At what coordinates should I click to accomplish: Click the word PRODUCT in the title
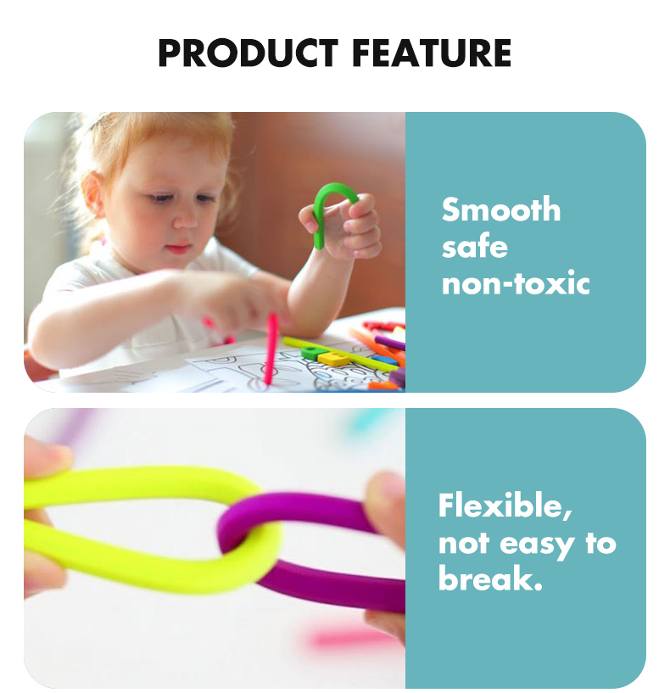pyautogui.click(x=248, y=53)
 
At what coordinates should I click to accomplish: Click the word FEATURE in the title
pyautogui.click(x=432, y=53)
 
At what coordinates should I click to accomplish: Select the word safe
pyautogui.click(x=475, y=247)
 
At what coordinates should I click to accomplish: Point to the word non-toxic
pyautogui.click(x=516, y=282)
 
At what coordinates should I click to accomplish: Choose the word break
pyautogui.click(x=490, y=578)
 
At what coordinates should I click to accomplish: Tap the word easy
pyautogui.click(x=538, y=545)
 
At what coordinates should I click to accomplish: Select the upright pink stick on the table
pyautogui.click(x=271, y=349)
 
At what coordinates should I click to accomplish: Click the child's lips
pyautogui.click(x=179, y=249)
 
